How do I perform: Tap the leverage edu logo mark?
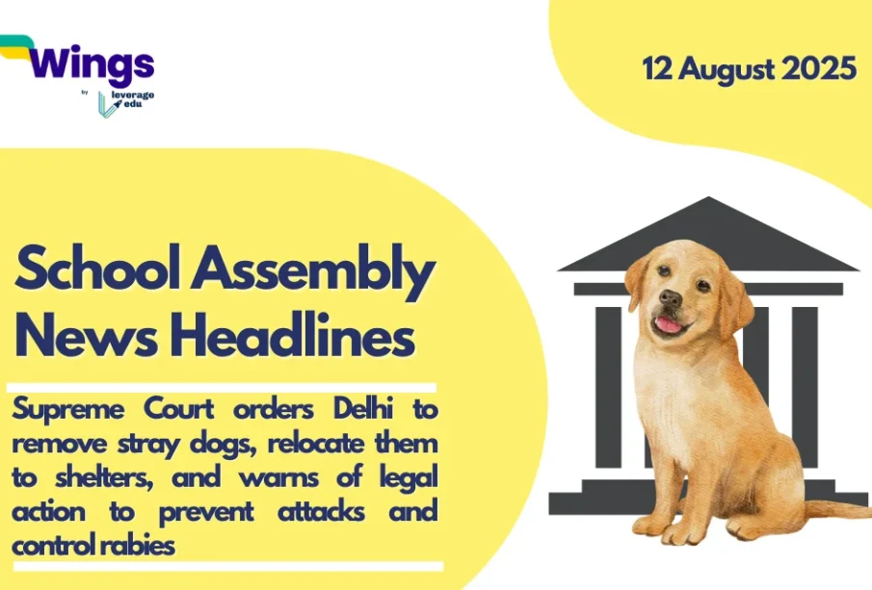(107, 104)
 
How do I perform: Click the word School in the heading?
(98, 269)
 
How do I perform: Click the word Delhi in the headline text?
(363, 409)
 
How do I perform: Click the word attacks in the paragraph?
(321, 512)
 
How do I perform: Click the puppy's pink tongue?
(669, 324)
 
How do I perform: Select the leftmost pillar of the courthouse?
(608, 387)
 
